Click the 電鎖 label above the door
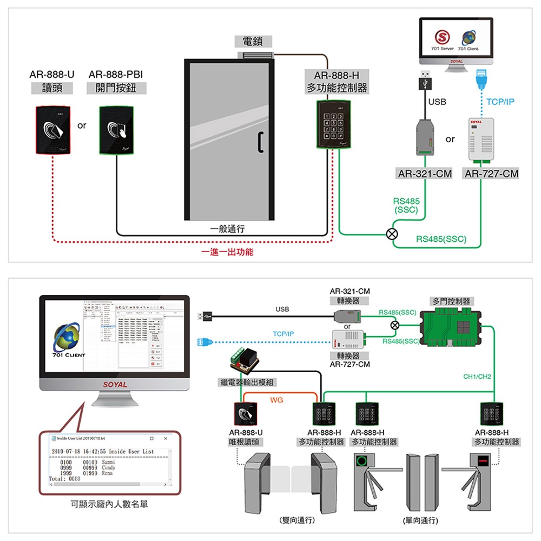pos(253,42)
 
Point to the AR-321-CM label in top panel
pos(425,174)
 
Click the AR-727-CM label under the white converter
pos(491,174)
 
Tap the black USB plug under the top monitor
pos(425,81)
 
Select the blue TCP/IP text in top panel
pos(500,102)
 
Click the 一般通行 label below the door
pos(227,229)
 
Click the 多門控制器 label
pos(451,301)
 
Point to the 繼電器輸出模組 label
pos(246,382)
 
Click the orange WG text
pos(276,400)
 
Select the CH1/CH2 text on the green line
pos(477,376)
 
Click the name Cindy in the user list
pos(108,467)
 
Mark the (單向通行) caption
pos(417,520)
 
